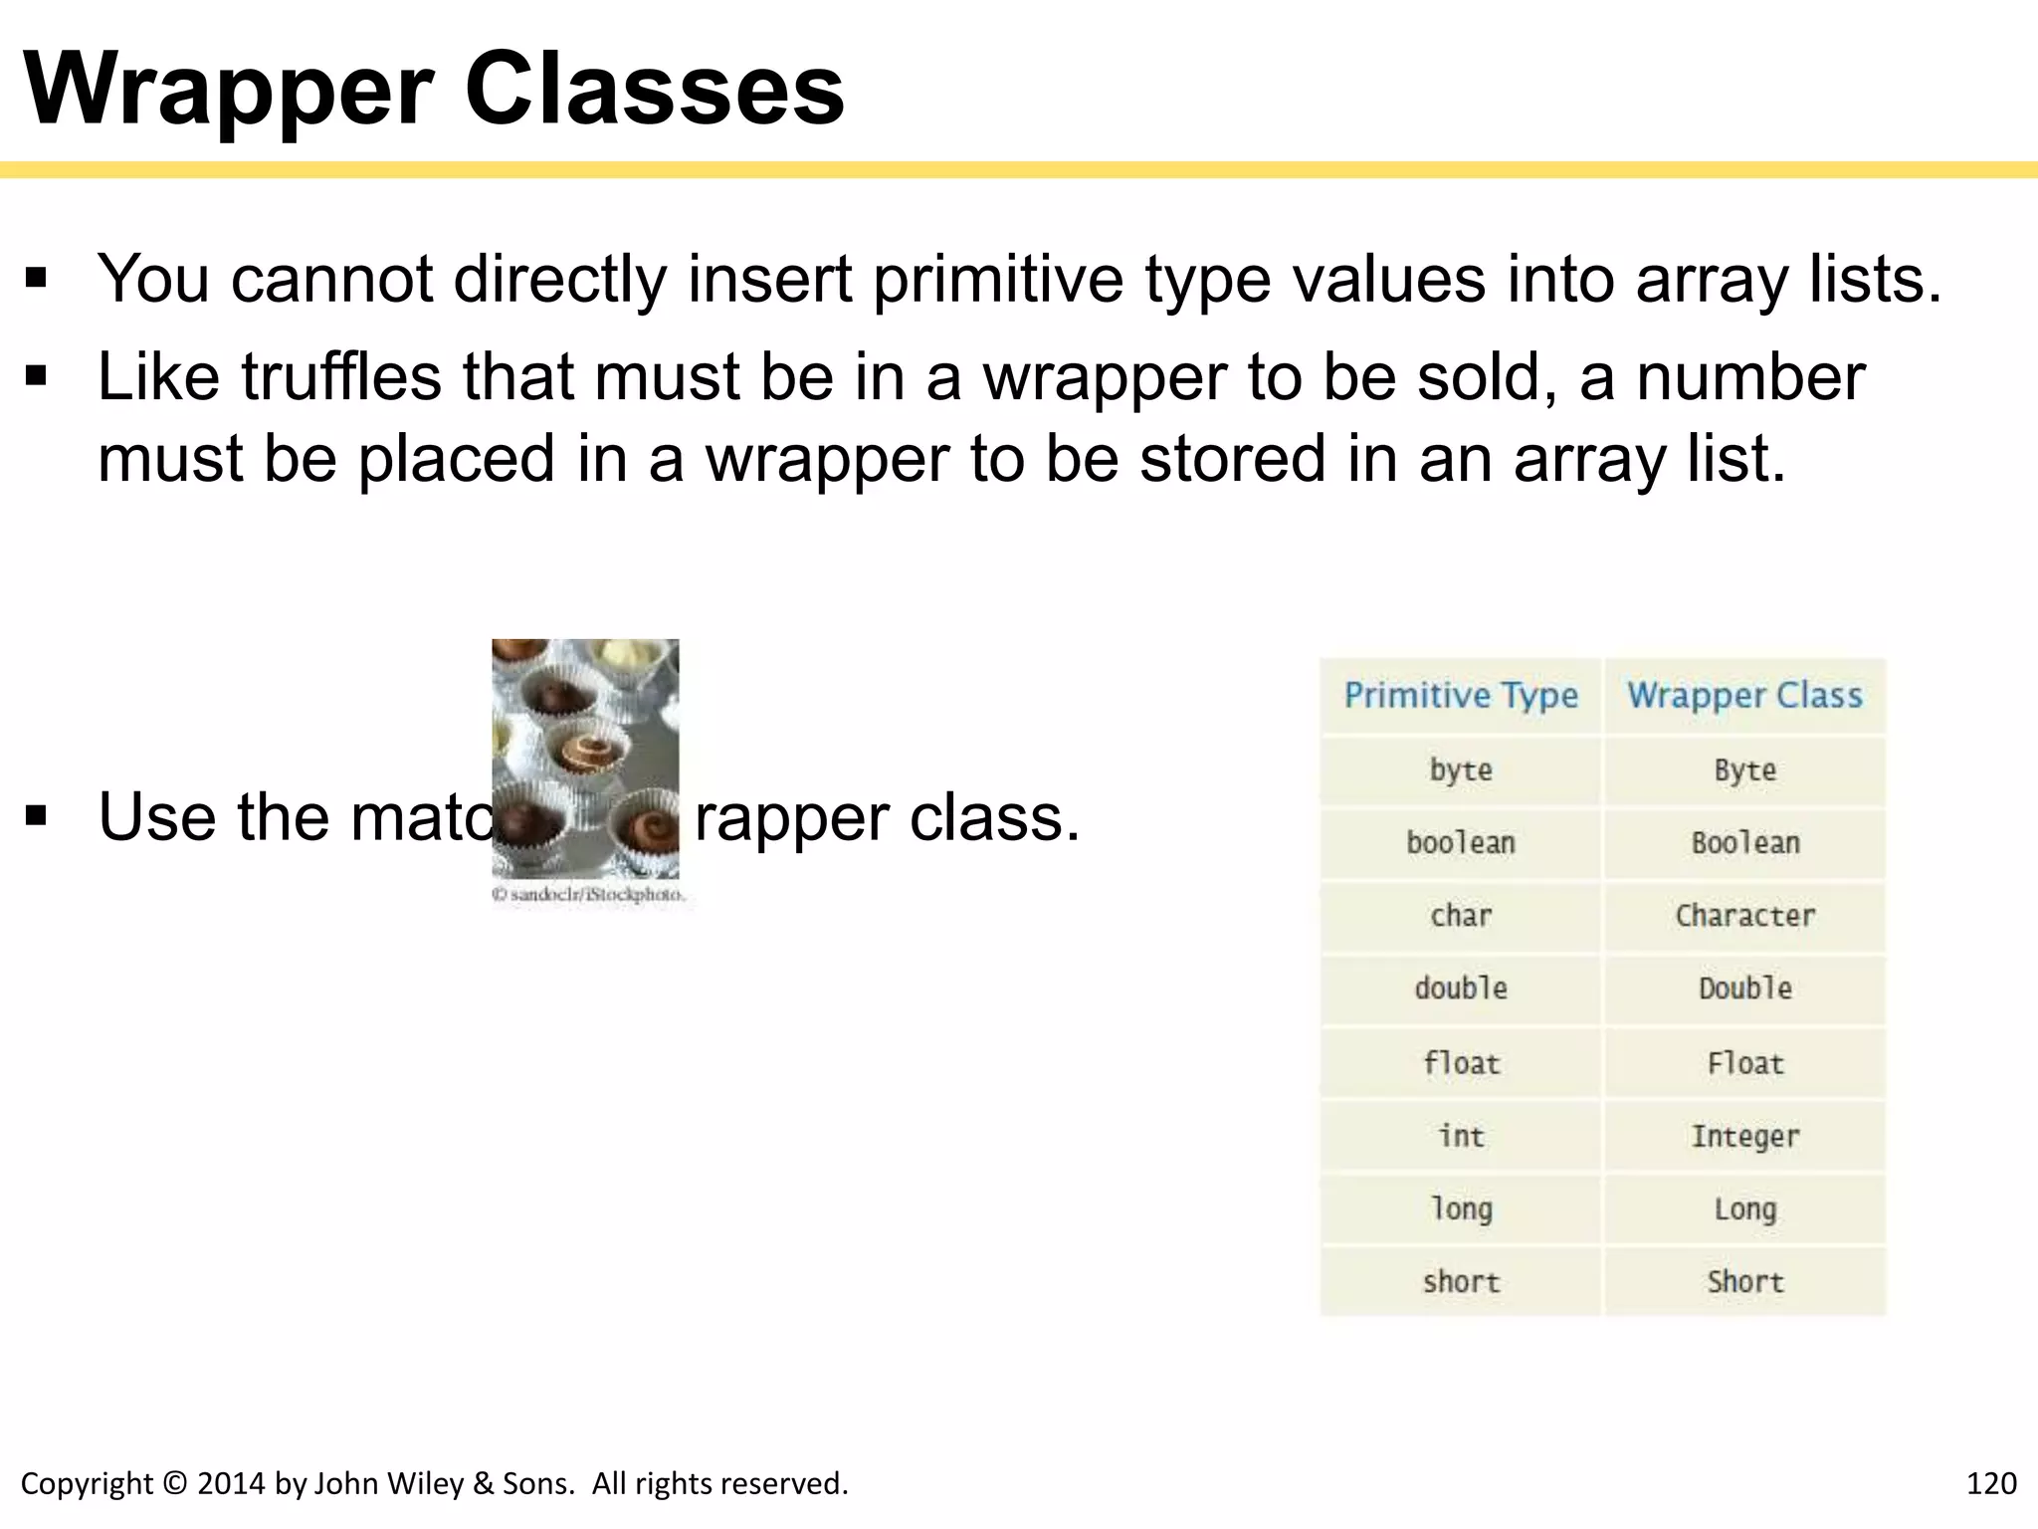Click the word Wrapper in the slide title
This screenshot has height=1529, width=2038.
pos(229,91)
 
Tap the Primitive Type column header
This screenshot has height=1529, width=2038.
pos(1461,695)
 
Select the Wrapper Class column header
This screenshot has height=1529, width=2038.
pos(1744,695)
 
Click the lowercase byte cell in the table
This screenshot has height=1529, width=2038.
pos(1461,769)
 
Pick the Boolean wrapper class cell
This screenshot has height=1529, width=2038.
pos(1745,843)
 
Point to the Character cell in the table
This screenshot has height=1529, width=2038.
pos(1745,916)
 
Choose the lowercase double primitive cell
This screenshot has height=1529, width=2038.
pos(1461,988)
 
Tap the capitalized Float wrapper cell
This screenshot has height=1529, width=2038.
pos(1745,1063)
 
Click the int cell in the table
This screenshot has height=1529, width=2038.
pos(1461,1136)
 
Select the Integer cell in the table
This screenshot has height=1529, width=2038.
pos(1745,1136)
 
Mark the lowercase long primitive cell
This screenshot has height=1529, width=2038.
pos(1461,1209)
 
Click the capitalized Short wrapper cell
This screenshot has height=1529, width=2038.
pos(1745,1282)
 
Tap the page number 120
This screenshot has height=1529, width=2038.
pos(1991,1483)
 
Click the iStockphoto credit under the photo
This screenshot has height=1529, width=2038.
pos(588,895)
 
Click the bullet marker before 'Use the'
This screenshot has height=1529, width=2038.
pos(37,817)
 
